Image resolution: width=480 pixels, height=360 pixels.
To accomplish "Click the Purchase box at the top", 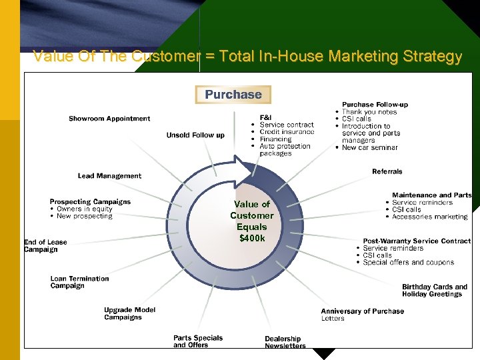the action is coord(233,95).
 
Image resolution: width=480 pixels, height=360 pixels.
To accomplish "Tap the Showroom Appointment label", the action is coord(109,119).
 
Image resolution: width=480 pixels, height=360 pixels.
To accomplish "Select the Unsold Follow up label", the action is coord(195,135).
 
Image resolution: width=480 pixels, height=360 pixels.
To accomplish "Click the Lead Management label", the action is coord(109,176).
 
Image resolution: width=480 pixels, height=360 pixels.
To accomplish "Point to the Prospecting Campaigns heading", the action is coord(90,201).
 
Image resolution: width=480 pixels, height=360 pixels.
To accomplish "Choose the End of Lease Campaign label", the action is coord(45,246).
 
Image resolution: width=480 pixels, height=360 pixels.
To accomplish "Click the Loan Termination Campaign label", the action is coord(79,282).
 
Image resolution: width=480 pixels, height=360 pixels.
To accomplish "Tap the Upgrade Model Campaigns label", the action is coord(129,313).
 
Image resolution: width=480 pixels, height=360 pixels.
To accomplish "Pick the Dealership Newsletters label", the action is coord(285,342).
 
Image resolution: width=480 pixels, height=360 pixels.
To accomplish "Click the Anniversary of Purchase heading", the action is coord(362,311).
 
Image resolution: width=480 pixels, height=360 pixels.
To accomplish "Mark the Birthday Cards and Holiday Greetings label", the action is coord(434,291).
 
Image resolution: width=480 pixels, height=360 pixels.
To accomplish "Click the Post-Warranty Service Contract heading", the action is coord(417,241).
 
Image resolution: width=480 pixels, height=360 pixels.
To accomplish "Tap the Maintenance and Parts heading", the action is coord(431,195).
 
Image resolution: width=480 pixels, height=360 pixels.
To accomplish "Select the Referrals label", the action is coord(387,171).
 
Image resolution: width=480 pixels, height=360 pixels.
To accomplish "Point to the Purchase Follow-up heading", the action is coord(375,105).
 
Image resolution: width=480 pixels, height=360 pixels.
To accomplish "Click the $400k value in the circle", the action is coord(252,238).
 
